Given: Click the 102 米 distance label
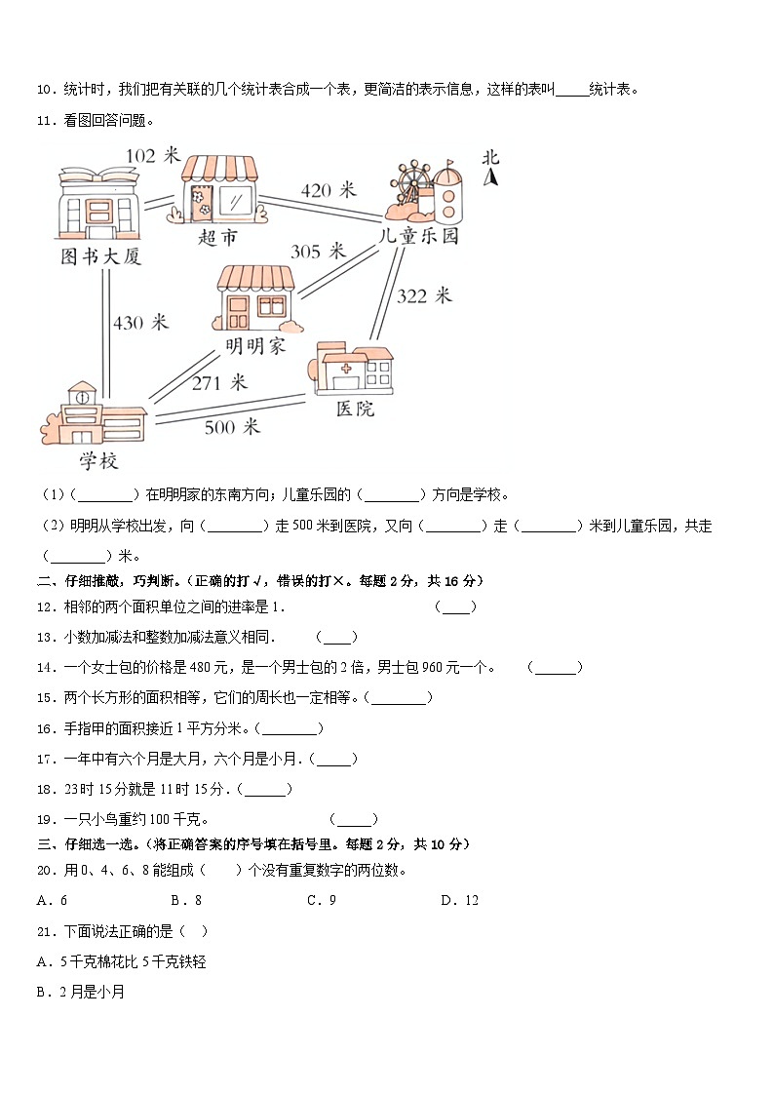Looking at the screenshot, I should click(x=154, y=155).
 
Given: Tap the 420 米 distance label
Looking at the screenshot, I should click(x=329, y=190).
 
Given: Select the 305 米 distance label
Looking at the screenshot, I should click(x=318, y=252).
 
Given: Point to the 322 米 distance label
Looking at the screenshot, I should click(x=424, y=295).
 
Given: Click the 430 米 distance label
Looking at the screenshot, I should click(x=140, y=323).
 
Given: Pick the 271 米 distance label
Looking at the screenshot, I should click(x=219, y=383).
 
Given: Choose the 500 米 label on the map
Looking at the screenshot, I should click(x=232, y=426).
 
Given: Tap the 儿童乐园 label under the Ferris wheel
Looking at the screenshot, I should click(x=418, y=237).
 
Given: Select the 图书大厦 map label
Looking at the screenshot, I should click(x=100, y=257).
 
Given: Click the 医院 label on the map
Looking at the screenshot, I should click(x=355, y=410).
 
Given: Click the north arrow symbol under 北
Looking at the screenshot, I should click(x=492, y=177).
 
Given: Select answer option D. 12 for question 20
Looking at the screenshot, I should click(x=459, y=900).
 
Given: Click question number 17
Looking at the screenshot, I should click(x=43, y=759).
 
